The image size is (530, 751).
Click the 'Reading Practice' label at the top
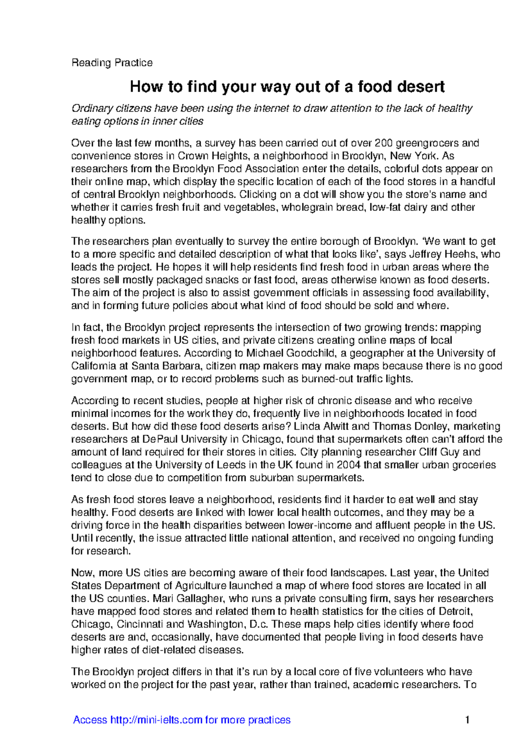pyautogui.click(x=112, y=63)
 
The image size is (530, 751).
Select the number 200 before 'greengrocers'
pyautogui.click(x=383, y=143)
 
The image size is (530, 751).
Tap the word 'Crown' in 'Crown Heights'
pyautogui.click(x=192, y=156)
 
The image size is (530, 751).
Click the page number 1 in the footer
pyautogui.click(x=467, y=720)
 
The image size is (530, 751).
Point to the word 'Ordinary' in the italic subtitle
pyautogui.click(x=92, y=108)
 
